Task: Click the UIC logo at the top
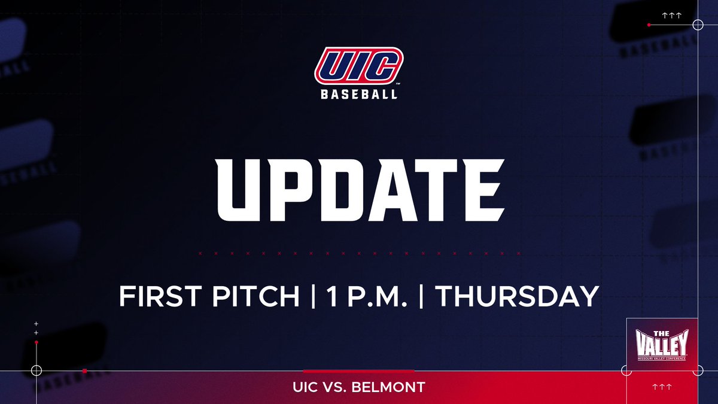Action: [359, 66]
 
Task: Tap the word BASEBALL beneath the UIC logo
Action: [359, 94]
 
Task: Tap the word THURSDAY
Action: [516, 296]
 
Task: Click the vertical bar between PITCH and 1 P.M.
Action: [314, 296]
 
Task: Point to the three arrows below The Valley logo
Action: [661, 387]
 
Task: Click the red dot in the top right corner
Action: [649, 25]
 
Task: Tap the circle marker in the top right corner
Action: [697, 25]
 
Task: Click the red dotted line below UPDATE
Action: [359, 253]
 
